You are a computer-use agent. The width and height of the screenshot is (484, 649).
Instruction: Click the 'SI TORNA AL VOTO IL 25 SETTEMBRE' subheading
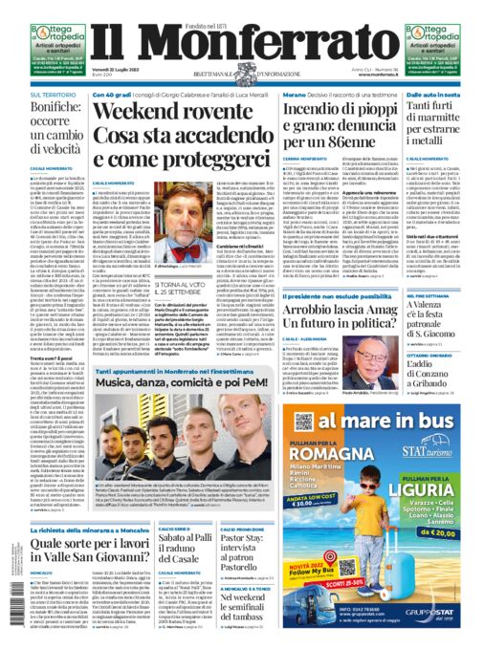coord(172,286)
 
